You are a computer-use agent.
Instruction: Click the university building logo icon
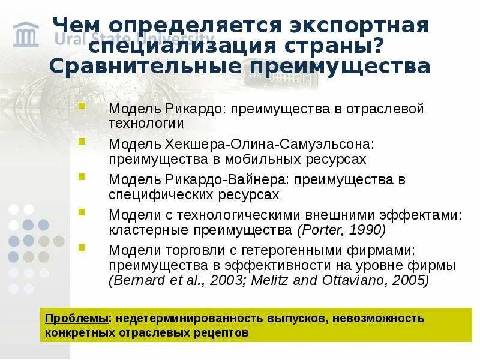(25, 34)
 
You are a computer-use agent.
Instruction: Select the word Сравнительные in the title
(135, 66)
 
